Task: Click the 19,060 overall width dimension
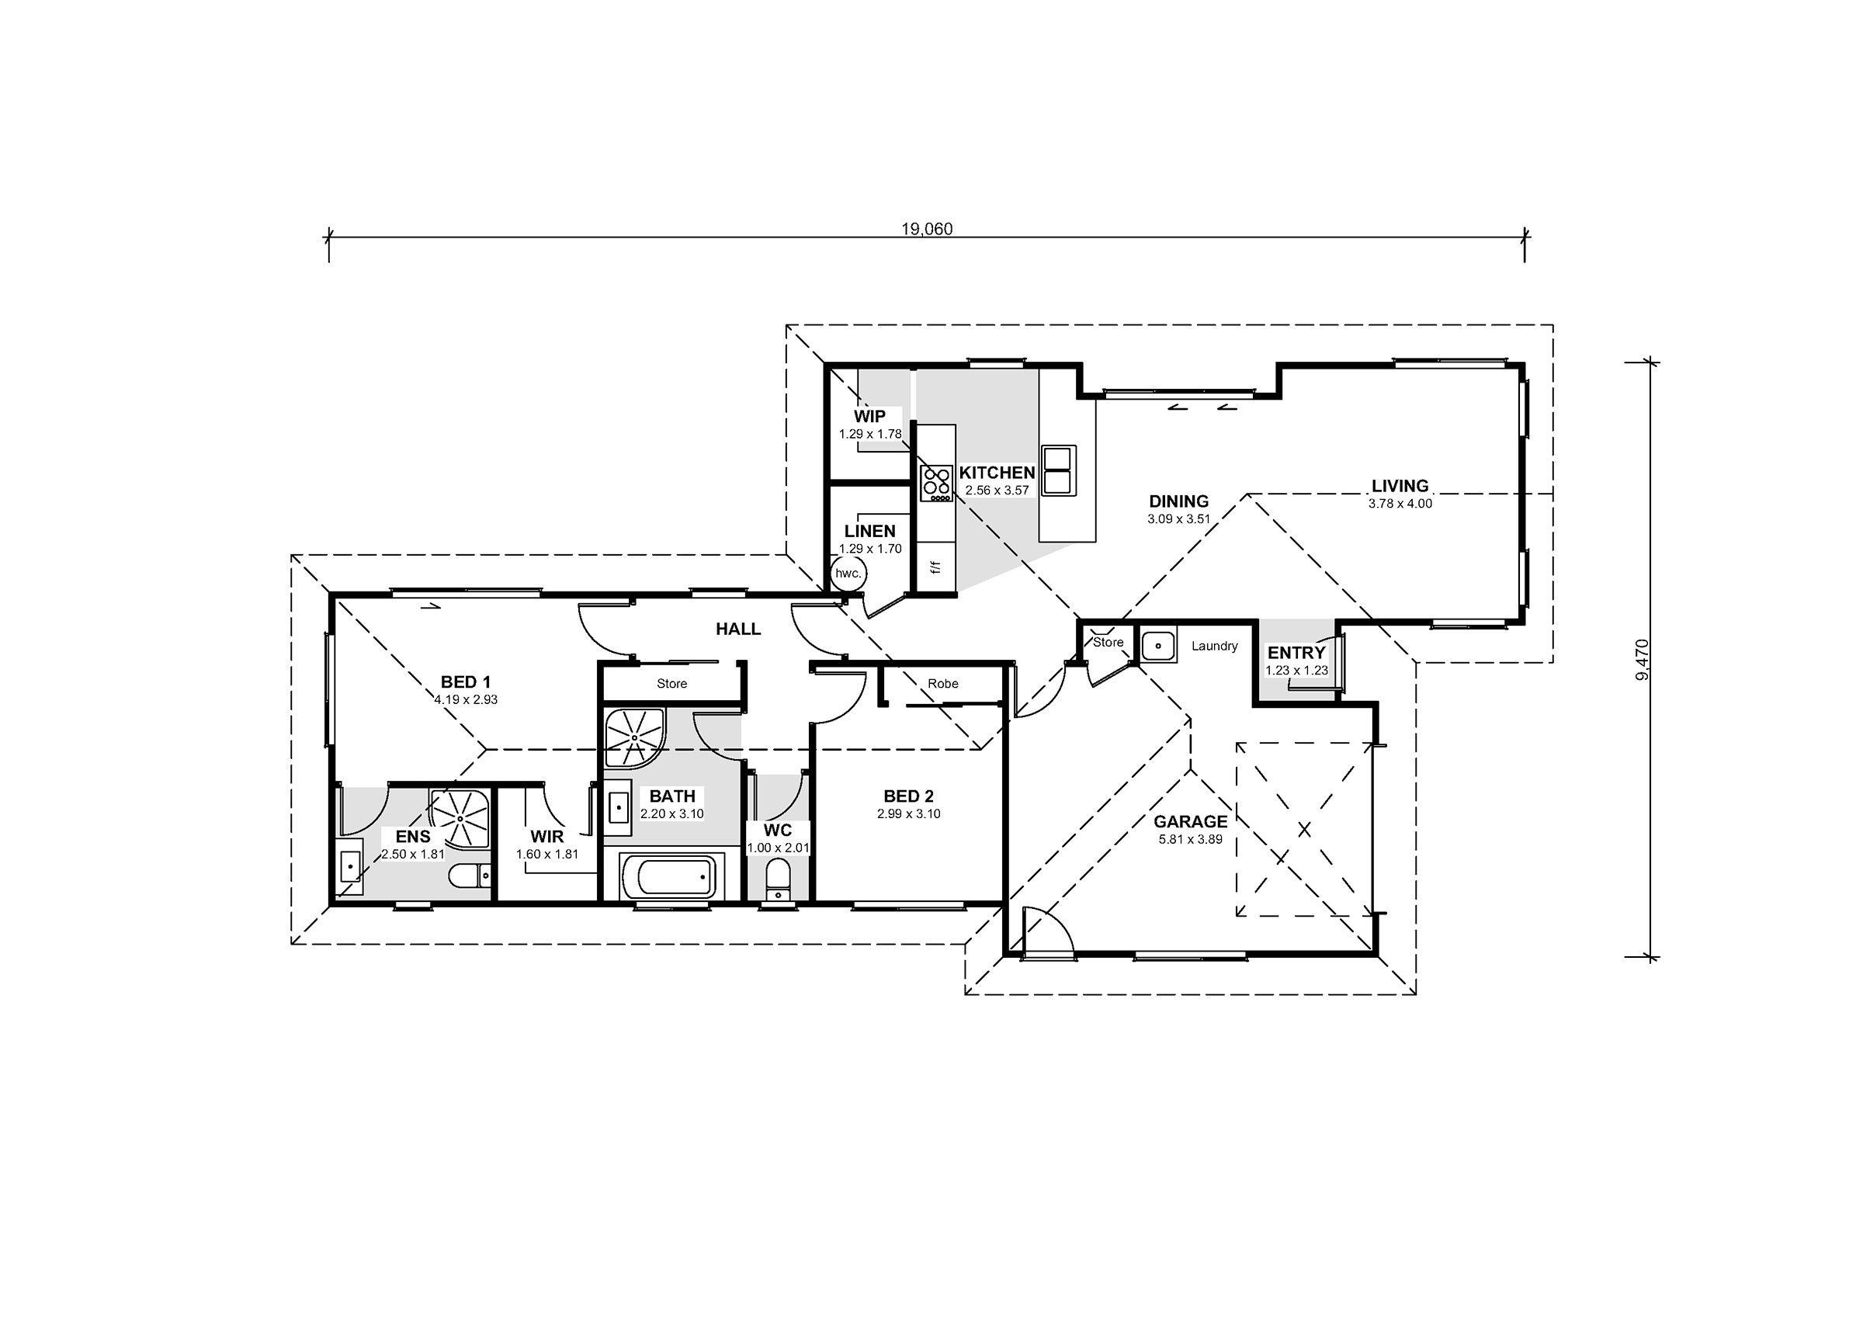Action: (x=927, y=229)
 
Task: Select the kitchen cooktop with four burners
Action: (x=936, y=484)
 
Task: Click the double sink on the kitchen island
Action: (x=1059, y=470)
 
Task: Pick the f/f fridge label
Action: (x=935, y=567)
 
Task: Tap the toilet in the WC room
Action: (x=778, y=879)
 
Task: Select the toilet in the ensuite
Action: (x=470, y=876)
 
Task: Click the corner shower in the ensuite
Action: (x=460, y=818)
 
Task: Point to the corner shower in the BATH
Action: (x=634, y=737)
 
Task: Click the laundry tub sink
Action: (x=1158, y=645)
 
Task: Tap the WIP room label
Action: (x=869, y=416)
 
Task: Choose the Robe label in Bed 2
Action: (x=943, y=684)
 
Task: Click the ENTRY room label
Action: (x=1296, y=653)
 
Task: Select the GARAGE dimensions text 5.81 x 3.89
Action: (x=1190, y=840)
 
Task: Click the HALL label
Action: (x=737, y=629)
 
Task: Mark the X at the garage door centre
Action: (x=1304, y=830)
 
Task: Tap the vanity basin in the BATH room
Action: (x=619, y=807)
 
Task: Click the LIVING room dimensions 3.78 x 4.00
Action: (x=1400, y=503)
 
